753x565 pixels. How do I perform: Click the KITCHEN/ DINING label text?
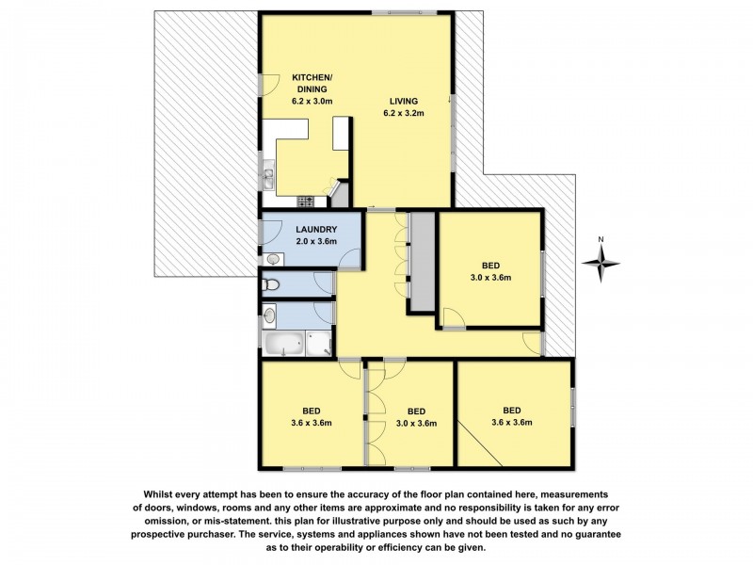312,83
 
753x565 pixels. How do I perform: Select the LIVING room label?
404,101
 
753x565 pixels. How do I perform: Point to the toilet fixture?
271,283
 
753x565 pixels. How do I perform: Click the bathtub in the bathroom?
285,345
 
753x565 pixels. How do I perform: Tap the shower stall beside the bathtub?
319,344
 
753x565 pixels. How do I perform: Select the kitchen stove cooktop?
304,201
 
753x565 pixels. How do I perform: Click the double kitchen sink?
267,176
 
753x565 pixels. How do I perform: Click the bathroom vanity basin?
271,315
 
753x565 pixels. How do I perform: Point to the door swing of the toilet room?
326,280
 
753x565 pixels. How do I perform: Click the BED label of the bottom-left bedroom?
311,411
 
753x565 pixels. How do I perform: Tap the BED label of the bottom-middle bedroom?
417,411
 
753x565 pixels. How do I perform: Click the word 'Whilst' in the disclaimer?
163,493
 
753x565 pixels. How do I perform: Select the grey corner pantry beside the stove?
340,196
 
